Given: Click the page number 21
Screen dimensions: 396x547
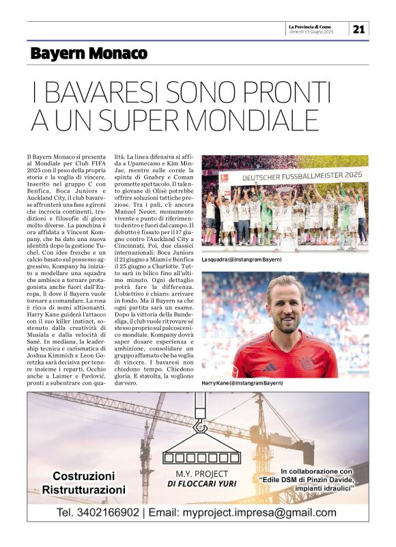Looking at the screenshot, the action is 358,29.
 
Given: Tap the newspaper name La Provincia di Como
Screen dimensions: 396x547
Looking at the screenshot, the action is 311,26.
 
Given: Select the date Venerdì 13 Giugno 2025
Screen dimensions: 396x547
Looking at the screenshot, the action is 311,32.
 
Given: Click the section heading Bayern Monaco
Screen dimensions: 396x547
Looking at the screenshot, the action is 88,53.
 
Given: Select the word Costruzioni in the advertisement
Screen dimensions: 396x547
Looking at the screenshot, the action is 84,476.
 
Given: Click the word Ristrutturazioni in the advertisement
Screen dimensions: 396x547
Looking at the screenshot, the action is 84,490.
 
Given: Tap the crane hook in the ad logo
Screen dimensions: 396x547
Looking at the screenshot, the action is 201,426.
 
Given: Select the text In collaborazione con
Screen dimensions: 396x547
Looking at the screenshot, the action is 316,471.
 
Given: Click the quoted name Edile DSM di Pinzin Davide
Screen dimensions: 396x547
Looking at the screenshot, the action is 316,479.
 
